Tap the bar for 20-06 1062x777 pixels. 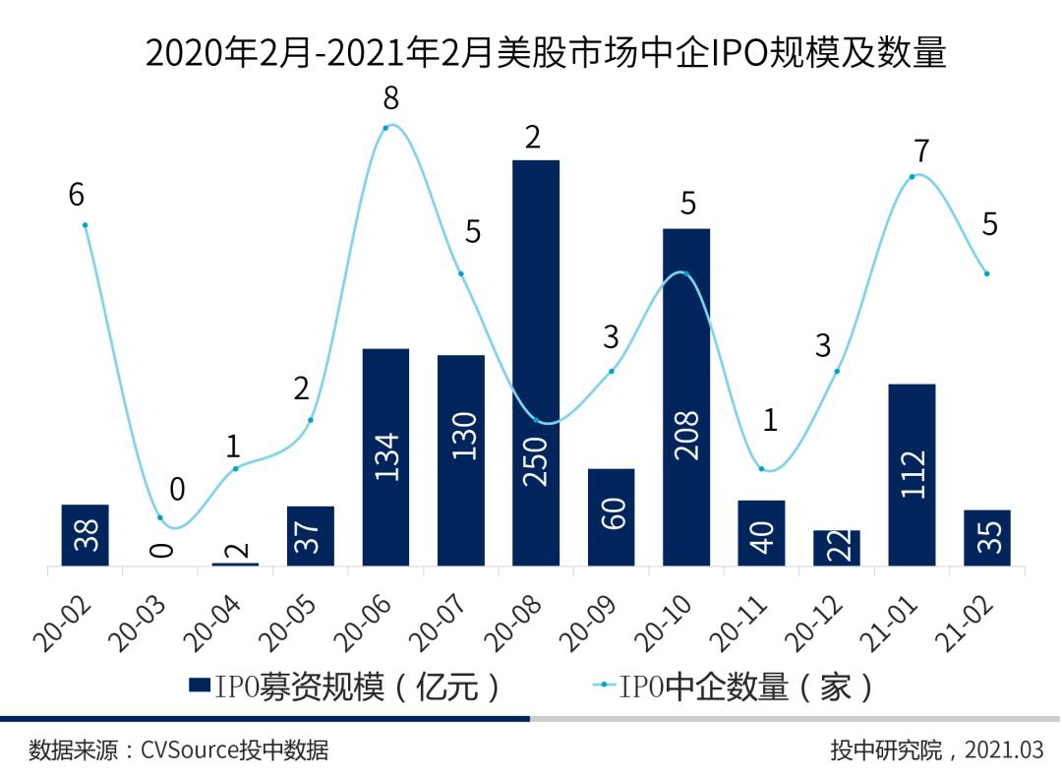385,456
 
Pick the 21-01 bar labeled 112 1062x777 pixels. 912,474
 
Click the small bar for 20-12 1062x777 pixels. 837,548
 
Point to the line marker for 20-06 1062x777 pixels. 389,126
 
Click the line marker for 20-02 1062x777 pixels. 86,224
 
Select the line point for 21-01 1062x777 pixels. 913,176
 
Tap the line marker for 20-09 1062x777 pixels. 612,371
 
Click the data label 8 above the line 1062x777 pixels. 391,97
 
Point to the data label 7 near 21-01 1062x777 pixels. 921,150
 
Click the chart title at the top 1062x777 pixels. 546,52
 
